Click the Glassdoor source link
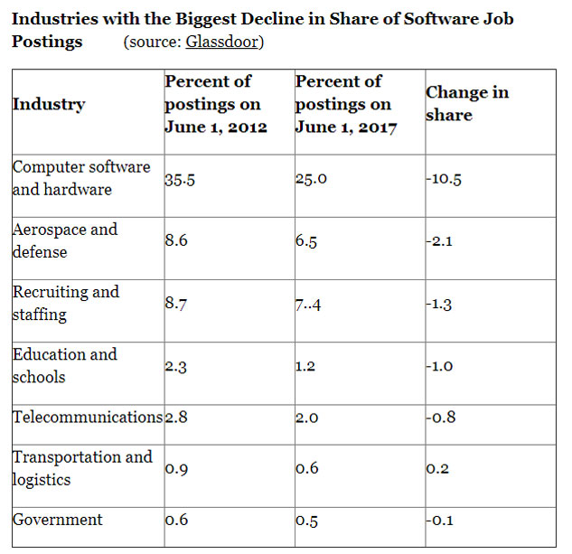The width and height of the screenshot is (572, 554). [x=222, y=42]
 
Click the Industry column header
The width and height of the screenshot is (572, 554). [x=48, y=104]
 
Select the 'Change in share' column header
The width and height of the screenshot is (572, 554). [x=466, y=103]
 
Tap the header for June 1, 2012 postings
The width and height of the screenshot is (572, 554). [x=216, y=104]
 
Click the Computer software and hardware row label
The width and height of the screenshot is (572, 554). [x=80, y=178]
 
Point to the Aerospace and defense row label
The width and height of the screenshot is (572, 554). [x=64, y=240]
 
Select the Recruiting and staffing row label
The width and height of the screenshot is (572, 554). [x=65, y=303]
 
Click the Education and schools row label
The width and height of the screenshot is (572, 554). [x=64, y=365]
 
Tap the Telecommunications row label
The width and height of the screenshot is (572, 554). [x=87, y=417]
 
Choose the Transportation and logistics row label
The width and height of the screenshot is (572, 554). [x=81, y=467]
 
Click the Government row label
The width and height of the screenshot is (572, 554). [x=57, y=520]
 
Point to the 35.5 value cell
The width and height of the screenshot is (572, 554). [x=180, y=179]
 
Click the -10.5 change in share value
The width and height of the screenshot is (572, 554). [x=444, y=179]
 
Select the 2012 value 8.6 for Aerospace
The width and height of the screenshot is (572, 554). [x=176, y=241]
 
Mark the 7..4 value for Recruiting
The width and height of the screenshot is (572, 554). [x=308, y=304]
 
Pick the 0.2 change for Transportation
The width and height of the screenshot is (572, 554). [x=438, y=469]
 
